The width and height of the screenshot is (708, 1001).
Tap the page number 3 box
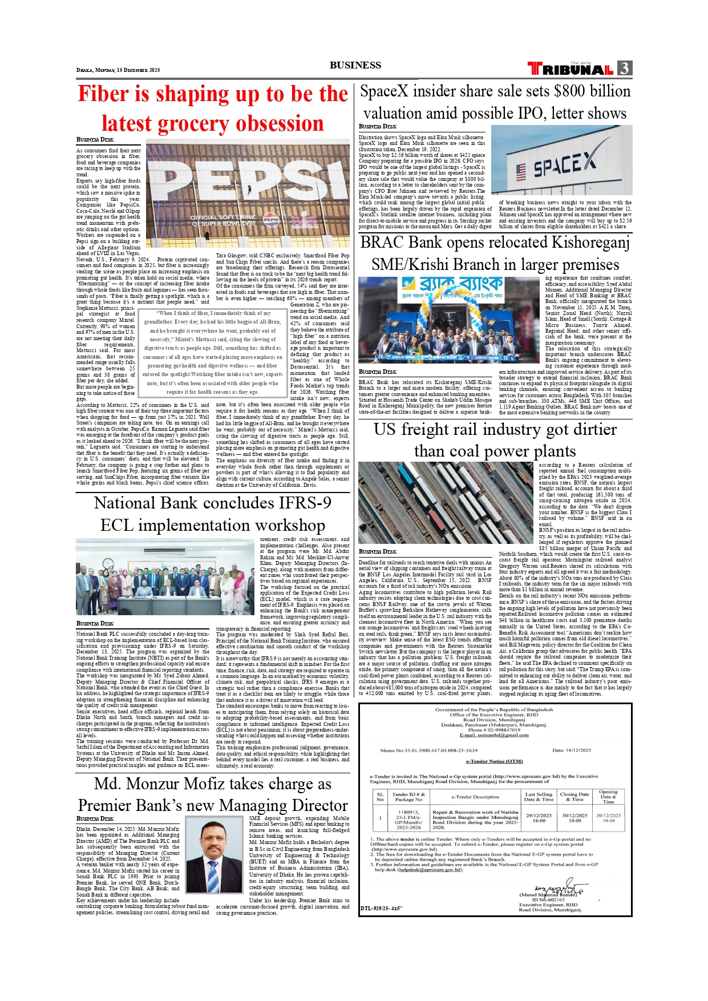pos(625,68)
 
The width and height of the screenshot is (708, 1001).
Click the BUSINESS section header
pos(355,65)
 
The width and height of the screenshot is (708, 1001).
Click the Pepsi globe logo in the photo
pos(271,219)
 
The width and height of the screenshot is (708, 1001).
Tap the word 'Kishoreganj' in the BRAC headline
pos(590,243)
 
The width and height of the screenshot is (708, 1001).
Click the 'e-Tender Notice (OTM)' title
pos(494,761)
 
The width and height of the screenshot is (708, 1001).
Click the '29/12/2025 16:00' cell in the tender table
pos(539,818)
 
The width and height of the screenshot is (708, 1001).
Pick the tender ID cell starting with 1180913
pos(408,819)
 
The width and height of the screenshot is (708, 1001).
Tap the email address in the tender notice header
pos(494,735)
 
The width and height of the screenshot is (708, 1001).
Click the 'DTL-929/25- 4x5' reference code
pos(381,908)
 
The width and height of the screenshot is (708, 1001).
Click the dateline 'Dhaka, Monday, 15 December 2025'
pos(118,70)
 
